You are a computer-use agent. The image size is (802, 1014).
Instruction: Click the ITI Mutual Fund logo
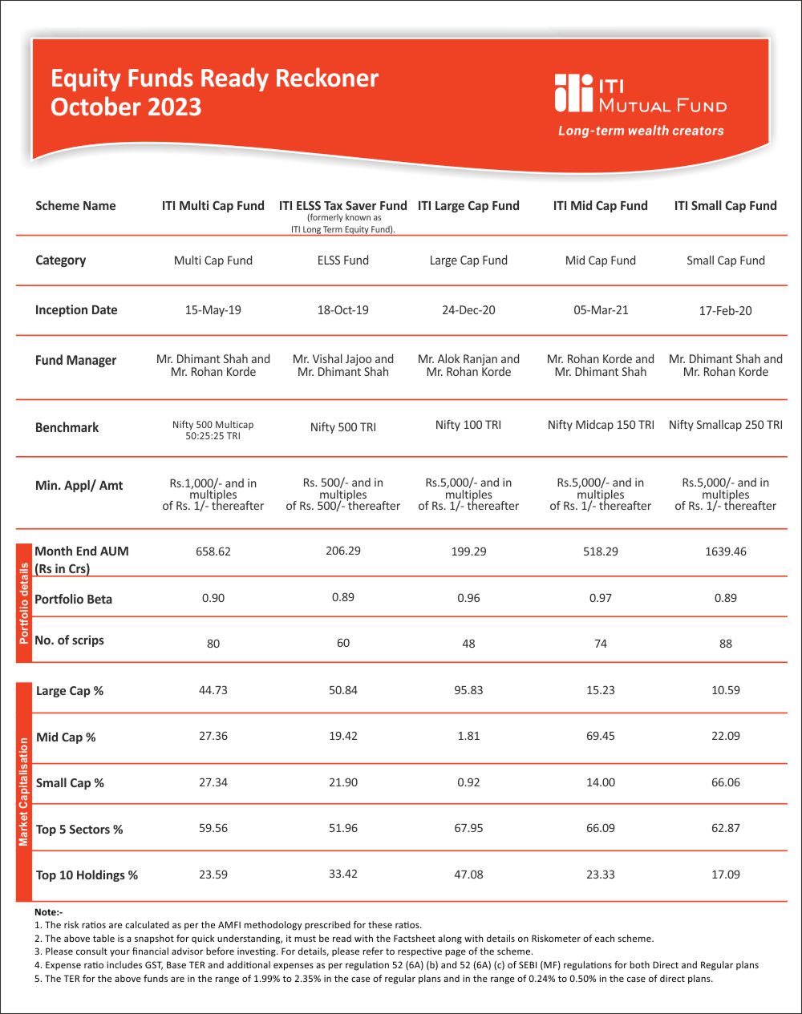pyautogui.click(x=639, y=94)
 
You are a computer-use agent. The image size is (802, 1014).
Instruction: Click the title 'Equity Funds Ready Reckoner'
pyautogui.click(x=214, y=79)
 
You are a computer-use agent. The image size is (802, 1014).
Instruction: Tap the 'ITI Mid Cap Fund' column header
pyautogui.click(x=600, y=206)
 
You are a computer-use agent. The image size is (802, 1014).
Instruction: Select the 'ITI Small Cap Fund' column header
pyautogui.click(x=725, y=206)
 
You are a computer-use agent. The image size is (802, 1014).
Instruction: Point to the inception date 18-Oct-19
pyautogui.click(x=342, y=310)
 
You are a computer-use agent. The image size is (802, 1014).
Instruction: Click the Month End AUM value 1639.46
pyautogui.click(x=725, y=551)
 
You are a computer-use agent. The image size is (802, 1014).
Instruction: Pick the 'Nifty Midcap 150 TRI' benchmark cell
pyautogui.click(x=600, y=425)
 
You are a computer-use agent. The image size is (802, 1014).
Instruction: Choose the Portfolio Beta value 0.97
pyautogui.click(x=600, y=598)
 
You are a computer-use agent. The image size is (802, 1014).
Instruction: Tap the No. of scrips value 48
pyautogui.click(x=468, y=644)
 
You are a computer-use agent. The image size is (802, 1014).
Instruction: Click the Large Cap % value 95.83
pyautogui.click(x=468, y=690)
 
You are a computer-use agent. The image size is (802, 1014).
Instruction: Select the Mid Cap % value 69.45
pyautogui.click(x=600, y=736)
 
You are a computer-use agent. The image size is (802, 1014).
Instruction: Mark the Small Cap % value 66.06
pyautogui.click(x=725, y=782)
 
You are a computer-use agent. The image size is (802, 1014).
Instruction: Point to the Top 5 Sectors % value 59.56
pyautogui.click(x=213, y=829)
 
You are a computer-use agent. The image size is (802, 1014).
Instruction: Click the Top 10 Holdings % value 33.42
pyautogui.click(x=342, y=874)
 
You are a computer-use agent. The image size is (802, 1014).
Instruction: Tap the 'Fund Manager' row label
pyautogui.click(x=75, y=361)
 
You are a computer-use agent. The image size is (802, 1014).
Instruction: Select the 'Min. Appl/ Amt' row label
pyautogui.click(x=79, y=485)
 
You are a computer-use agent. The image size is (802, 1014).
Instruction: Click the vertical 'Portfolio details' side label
pyautogui.click(x=24, y=603)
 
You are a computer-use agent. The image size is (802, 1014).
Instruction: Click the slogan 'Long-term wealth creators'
pyautogui.click(x=641, y=131)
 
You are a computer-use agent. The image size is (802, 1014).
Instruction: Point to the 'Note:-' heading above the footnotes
pyautogui.click(x=48, y=912)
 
